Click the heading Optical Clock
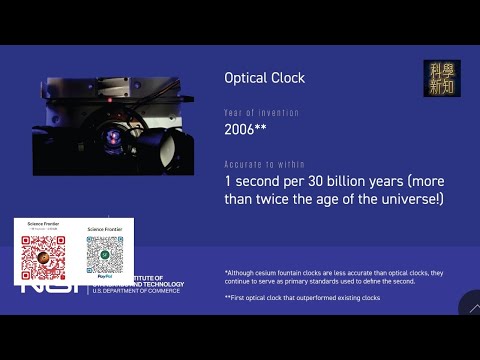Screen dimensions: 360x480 tap(264, 78)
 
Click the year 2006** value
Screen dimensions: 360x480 tap(245, 130)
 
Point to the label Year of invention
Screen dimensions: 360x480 tap(255, 112)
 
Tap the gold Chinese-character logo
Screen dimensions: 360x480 tap(442, 79)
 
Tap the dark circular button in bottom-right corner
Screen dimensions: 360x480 tap(470, 305)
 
